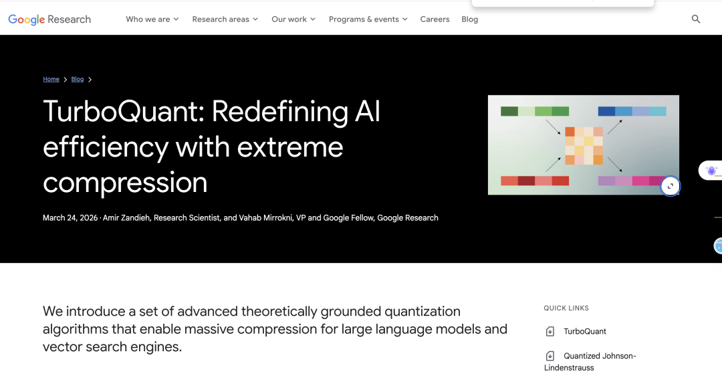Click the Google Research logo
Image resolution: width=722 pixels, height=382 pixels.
(x=49, y=19)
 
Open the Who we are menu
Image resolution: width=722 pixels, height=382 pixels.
(x=152, y=19)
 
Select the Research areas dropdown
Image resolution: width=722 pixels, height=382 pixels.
(x=225, y=19)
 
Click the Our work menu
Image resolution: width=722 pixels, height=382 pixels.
(x=293, y=19)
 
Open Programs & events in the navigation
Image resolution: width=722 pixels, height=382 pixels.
(x=368, y=19)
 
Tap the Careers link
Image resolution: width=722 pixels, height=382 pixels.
(x=435, y=19)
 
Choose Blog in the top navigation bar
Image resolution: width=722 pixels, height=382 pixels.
(x=470, y=19)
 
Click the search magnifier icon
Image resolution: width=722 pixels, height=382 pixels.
(x=696, y=19)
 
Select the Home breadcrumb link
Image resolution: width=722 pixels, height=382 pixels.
(x=51, y=79)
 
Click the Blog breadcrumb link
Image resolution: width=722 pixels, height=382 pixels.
(x=78, y=79)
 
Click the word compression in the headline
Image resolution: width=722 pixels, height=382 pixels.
(x=125, y=183)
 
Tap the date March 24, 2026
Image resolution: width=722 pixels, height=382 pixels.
(x=70, y=218)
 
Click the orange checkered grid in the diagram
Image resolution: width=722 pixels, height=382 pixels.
(x=584, y=146)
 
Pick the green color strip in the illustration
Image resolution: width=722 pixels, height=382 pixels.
(x=535, y=111)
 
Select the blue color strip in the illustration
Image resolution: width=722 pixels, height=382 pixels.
(x=632, y=111)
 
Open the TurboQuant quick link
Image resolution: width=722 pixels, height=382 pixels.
(x=585, y=331)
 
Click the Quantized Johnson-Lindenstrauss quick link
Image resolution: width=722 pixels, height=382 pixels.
(x=590, y=362)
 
